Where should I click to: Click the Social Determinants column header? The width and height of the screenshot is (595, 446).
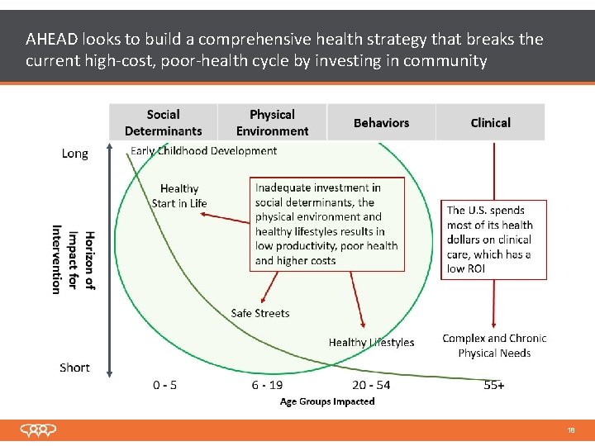coord(163,122)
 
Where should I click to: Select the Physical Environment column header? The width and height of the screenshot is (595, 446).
coord(272,122)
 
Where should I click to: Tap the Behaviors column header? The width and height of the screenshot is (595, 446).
coord(381,123)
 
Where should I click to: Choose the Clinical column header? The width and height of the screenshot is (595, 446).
coord(490,123)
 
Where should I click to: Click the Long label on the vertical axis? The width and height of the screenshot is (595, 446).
coord(74,154)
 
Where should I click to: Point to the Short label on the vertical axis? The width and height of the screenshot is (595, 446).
coord(74,368)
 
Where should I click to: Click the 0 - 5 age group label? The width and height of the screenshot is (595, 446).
coord(164,385)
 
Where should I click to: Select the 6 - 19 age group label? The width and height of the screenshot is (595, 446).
coord(267,385)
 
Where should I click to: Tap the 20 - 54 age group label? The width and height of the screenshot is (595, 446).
coord(371,385)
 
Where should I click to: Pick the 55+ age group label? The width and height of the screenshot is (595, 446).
coord(494,385)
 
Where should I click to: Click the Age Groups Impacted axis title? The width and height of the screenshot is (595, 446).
coord(327,401)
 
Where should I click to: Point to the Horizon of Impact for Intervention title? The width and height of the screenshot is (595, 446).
coord(74,260)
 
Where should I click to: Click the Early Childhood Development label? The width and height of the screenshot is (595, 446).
coord(204,150)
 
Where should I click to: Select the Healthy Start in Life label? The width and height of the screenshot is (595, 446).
coord(179,196)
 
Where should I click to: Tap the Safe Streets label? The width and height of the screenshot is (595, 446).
coord(260,313)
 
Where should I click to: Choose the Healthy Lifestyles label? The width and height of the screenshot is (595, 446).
coord(371,342)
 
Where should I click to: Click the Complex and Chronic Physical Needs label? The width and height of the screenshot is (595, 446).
coord(494,345)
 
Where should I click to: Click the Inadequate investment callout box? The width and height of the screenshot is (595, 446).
coord(327,224)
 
